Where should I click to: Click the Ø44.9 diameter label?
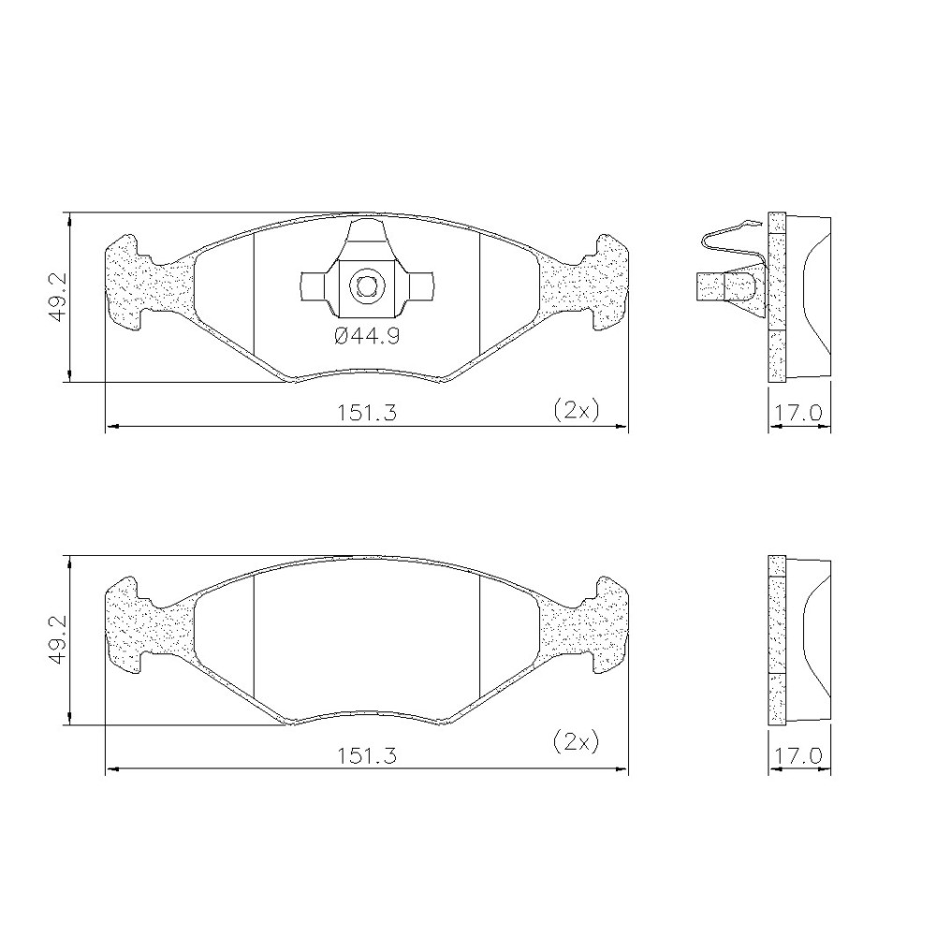[367, 337]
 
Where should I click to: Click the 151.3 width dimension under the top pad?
[367, 413]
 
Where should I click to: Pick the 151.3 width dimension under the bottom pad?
[367, 756]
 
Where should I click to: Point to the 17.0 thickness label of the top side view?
[798, 413]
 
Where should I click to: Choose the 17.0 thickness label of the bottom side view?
[798, 756]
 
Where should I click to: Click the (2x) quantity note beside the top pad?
[576, 410]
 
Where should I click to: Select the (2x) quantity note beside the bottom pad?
[576, 742]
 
